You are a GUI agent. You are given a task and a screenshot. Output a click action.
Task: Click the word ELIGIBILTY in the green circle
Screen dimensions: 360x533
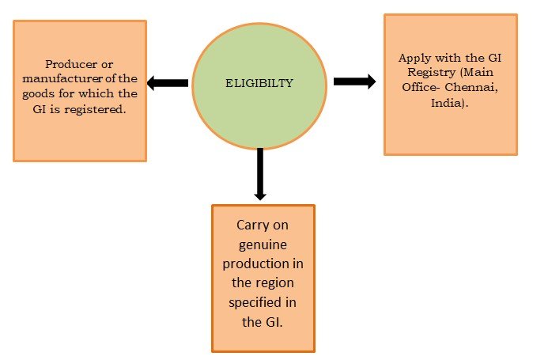click(260, 81)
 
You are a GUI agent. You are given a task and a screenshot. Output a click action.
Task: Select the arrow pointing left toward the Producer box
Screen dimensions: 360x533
click(168, 82)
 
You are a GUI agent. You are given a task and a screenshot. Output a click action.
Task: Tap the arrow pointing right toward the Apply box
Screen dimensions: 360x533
click(354, 81)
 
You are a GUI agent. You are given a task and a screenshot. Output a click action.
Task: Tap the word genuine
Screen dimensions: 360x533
click(263, 244)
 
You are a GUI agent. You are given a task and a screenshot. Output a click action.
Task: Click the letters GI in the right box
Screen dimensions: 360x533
click(488, 59)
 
